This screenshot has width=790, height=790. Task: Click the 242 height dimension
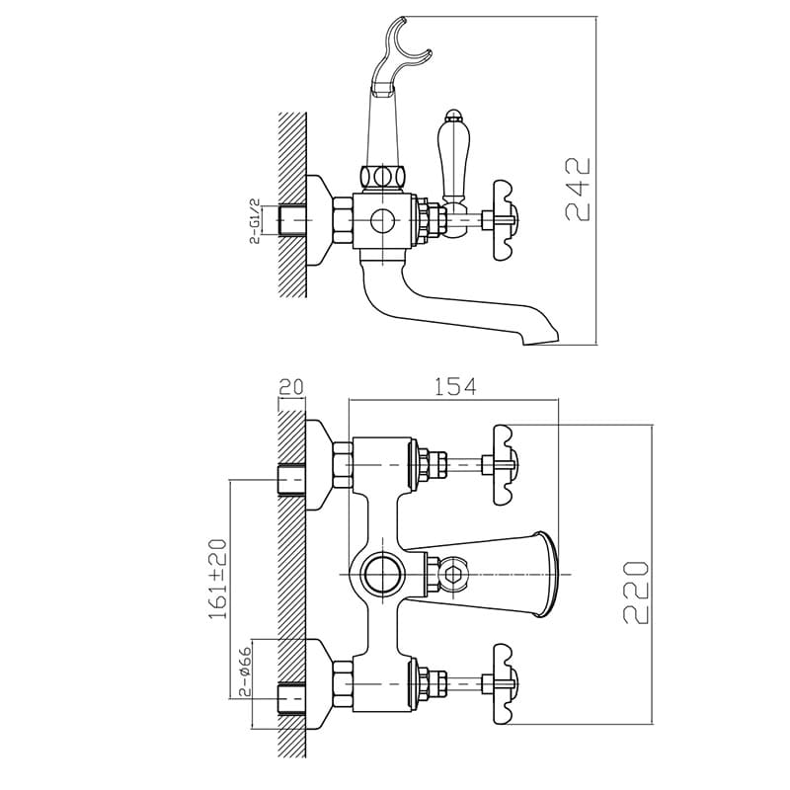point(578,189)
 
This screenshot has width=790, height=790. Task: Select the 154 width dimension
point(454,386)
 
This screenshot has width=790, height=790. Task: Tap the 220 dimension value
point(636,592)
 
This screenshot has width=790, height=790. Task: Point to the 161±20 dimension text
point(217,579)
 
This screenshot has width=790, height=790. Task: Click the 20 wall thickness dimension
point(291,387)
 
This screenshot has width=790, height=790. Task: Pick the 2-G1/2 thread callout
point(256,220)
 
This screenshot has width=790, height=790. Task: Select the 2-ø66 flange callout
point(245,671)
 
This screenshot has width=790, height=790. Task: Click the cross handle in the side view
point(504,220)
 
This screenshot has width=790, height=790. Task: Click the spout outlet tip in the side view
point(541,339)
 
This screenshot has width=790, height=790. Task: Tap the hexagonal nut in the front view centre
point(454,575)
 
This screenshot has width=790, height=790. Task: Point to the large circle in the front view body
point(382,575)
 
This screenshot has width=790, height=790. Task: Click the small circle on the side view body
point(382,220)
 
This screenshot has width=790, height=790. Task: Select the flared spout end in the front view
point(544,575)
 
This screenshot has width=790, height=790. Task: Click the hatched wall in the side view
point(292,204)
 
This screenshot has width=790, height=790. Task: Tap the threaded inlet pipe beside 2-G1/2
point(292,220)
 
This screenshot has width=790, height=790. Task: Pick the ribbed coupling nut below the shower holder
point(383,178)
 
